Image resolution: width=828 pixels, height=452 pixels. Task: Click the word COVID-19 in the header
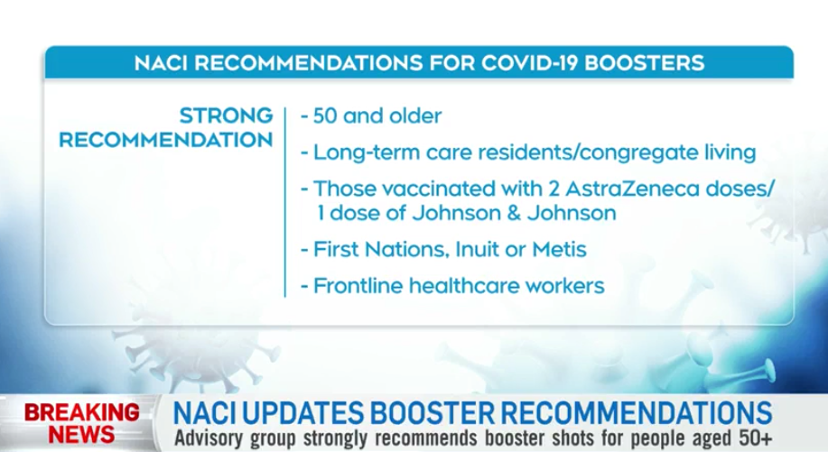(528, 63)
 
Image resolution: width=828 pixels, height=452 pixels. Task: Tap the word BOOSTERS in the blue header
(644, 63)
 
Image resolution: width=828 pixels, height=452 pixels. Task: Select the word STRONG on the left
(226, 115)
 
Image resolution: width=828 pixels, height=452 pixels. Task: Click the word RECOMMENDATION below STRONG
(166, 141)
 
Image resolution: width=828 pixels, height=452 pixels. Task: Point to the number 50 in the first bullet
(325, 116)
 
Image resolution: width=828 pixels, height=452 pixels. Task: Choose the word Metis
(559, 249)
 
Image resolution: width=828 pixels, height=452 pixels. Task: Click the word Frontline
(358, 286)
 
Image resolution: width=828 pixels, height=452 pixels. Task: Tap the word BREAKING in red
(82, 412)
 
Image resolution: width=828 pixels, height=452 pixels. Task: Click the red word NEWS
(82, 435)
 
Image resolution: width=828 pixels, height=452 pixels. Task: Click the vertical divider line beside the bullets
(285, 202)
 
